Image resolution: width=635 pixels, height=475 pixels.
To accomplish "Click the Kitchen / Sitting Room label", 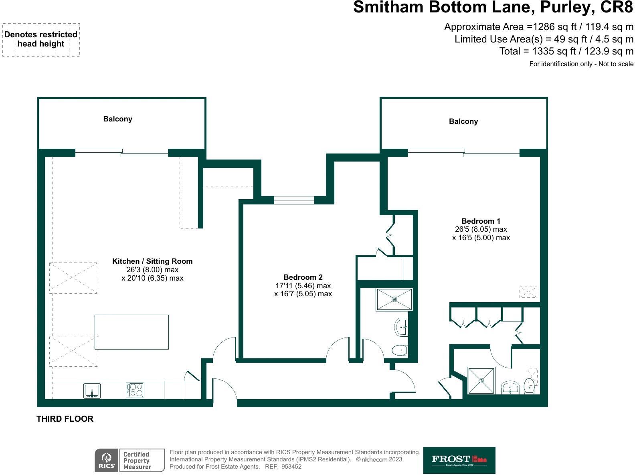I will click(x=152, y=261).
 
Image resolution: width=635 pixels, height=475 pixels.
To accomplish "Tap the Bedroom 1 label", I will click(x=481, y=221).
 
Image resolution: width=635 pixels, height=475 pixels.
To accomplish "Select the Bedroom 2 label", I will click(x=303, y=277).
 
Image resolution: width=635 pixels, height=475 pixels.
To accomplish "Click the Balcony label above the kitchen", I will click(x=117, y=119).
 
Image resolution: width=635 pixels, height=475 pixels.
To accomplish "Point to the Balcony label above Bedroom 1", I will click(x=463, y=121).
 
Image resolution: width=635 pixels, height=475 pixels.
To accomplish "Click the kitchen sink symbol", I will click(x=92, y=390).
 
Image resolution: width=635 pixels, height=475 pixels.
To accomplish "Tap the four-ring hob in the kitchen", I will click(x=135, y=390).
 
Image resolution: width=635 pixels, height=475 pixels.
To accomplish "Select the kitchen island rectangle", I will click(x=131, y=332).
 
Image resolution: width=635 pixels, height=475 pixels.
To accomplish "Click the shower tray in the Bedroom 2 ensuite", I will click(x=394, y=299).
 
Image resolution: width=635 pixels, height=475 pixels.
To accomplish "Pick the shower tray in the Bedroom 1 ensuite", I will click(x=481, y=380).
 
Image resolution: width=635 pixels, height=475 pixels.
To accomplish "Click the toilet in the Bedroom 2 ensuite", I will click(x=399, y=351).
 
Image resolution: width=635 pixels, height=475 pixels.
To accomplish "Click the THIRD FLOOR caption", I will click(x=65, y=419).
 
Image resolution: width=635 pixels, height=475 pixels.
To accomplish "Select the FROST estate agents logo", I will click(x=459, y=460).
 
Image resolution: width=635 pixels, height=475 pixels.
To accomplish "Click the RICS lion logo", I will click(x=107, y=460).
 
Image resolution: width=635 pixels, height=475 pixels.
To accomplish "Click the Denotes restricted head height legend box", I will click(x=41, y=40).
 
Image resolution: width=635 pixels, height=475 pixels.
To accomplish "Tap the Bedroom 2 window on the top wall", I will click(x=294, y=200).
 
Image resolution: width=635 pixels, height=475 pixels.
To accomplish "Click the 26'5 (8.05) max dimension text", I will click(x=481, y=229).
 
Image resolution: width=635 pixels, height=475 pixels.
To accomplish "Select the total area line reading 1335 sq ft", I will click(x=566, y=51).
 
